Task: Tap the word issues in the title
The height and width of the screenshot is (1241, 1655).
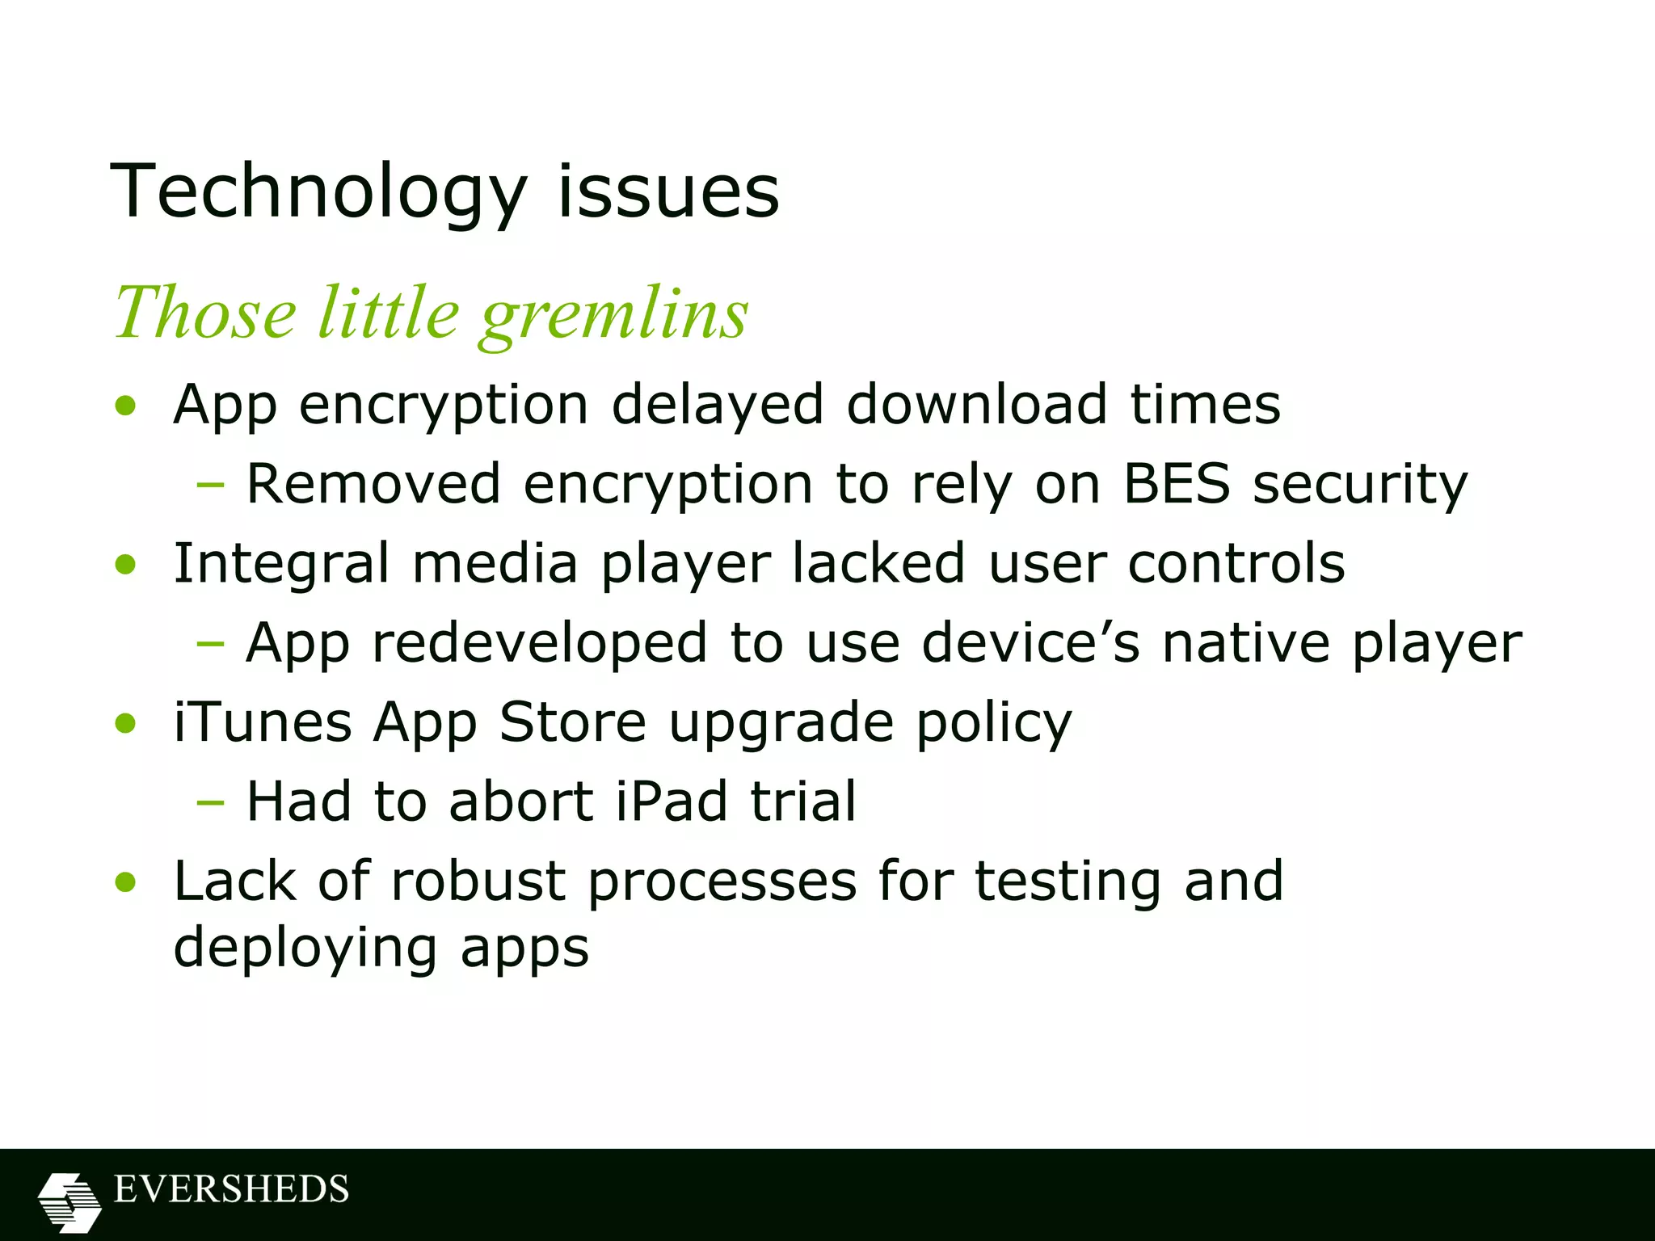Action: (668, 192)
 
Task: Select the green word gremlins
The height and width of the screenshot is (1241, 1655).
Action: (614, 315)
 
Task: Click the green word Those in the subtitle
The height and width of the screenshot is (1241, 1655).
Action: (205, 313)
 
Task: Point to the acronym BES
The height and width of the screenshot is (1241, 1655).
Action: (1177, 484)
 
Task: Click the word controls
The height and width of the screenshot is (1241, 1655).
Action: (1236, 563)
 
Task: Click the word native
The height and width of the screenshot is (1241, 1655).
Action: (1245, 643)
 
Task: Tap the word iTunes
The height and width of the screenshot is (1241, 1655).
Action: (263, 721)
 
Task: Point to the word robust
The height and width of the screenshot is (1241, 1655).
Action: (478, 881)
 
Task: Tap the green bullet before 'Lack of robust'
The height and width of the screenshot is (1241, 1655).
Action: (125, 881)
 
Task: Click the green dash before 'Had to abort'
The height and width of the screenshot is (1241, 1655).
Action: (210, 803)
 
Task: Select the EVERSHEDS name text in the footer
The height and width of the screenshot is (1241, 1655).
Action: (231, 1190)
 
